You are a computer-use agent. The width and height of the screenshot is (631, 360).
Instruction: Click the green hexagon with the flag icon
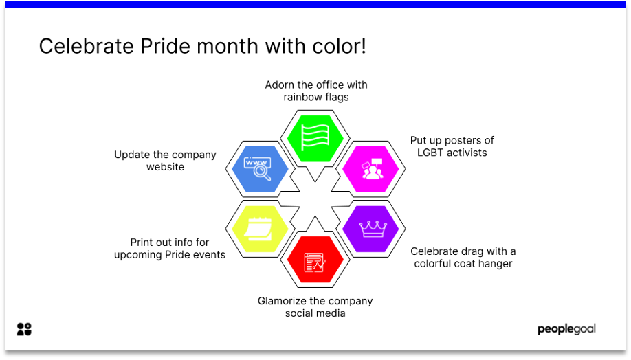coord(315,138)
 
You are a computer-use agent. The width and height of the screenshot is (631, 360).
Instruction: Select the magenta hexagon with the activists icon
coord(370,169)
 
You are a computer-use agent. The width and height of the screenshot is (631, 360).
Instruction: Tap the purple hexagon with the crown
coord(370,229)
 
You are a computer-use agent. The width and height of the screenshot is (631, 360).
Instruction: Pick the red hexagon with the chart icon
coord(315,260)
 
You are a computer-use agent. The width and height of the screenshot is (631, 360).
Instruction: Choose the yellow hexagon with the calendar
coord(261,229)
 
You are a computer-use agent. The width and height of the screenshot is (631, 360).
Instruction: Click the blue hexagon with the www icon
coord(261,169)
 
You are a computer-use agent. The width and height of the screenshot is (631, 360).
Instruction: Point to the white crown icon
coord(373,229)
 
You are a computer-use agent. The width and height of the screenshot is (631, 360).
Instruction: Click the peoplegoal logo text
coord(566,329)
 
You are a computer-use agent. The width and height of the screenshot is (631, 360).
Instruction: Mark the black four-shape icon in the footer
coord(24,329)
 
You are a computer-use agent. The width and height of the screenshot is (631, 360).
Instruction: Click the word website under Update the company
coord(166,167)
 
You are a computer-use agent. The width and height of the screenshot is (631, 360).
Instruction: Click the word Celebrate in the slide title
coord(86,46)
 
